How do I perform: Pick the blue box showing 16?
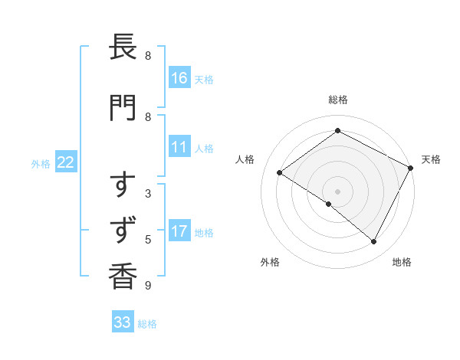(x=179, y=78)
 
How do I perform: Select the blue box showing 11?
(x=179, y=147)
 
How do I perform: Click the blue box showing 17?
(x=179, y=231)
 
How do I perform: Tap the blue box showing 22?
(x=66, y=162)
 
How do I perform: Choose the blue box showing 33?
(x=123, y=322)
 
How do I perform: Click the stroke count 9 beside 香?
(x=148, y=286)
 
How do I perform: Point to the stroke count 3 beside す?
(x=148, y=193)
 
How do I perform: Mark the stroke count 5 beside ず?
(x=148, y=239)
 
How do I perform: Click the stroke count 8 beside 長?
(x=148, y=55)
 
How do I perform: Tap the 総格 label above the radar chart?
(x=338, y=100)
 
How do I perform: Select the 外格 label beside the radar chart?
(x=270, y=262)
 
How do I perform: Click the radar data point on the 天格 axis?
(x=411, y=168)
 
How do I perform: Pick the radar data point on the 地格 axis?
(x=374, y=242)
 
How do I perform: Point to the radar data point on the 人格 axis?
(x=280, y=173)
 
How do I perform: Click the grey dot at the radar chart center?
(x=338, y=191)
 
